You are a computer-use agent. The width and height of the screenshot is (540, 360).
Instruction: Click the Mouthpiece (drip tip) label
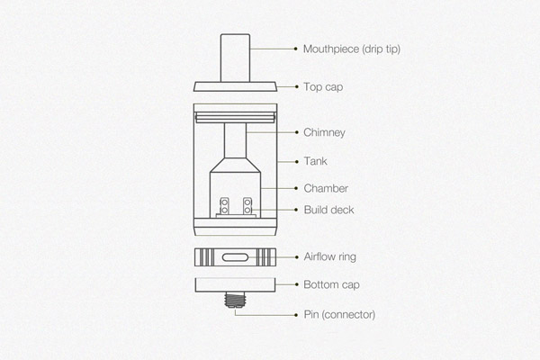(x=352, y=49)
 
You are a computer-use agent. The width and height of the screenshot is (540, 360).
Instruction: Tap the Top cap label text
(x=323, y=87)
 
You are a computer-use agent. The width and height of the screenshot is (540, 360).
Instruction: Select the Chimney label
(x=324, y=132)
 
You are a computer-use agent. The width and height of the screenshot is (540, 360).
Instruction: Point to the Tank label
(x=315, y=161)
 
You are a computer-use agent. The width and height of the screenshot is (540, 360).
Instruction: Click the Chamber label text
(x=326, y=188)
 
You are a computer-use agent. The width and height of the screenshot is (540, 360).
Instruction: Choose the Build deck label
(x=328, y=210)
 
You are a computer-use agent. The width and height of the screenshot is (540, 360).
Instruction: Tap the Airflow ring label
(x=330, y=257)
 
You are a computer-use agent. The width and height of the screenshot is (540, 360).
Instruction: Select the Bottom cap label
(x=331, y=285)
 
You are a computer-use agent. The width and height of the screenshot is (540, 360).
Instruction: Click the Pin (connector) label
(x=339, y=314)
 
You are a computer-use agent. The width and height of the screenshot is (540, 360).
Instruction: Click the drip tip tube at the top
(x=235, y=58)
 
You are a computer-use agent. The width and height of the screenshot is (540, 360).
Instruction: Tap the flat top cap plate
(x=235, y=86)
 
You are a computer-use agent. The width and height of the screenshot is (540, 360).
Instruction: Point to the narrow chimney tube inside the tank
(x=235, y=140)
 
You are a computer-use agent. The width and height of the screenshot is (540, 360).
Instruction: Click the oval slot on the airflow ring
(x=235, y=257)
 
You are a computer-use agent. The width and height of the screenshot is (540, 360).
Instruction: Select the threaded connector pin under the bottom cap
(x=235, y=300)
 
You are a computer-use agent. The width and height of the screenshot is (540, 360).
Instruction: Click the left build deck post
(x=224, y=206)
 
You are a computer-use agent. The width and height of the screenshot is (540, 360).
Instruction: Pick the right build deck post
(x=247, y=206)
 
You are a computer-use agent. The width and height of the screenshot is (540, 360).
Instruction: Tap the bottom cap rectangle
(x=235, y=285)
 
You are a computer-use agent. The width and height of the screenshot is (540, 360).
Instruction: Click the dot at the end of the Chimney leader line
(x=296, y=132)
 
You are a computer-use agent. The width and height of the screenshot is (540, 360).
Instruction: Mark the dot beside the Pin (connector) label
(x=296, y=315)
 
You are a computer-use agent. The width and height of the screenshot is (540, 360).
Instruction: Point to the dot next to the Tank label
(x=296, y=162)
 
